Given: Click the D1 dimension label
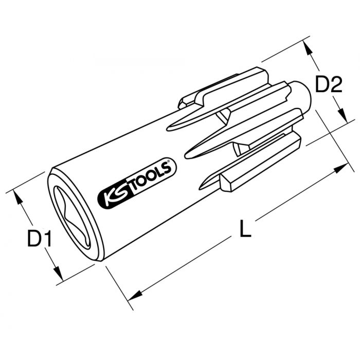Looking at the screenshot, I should [39, 239].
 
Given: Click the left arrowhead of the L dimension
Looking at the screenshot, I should [135, 295].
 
